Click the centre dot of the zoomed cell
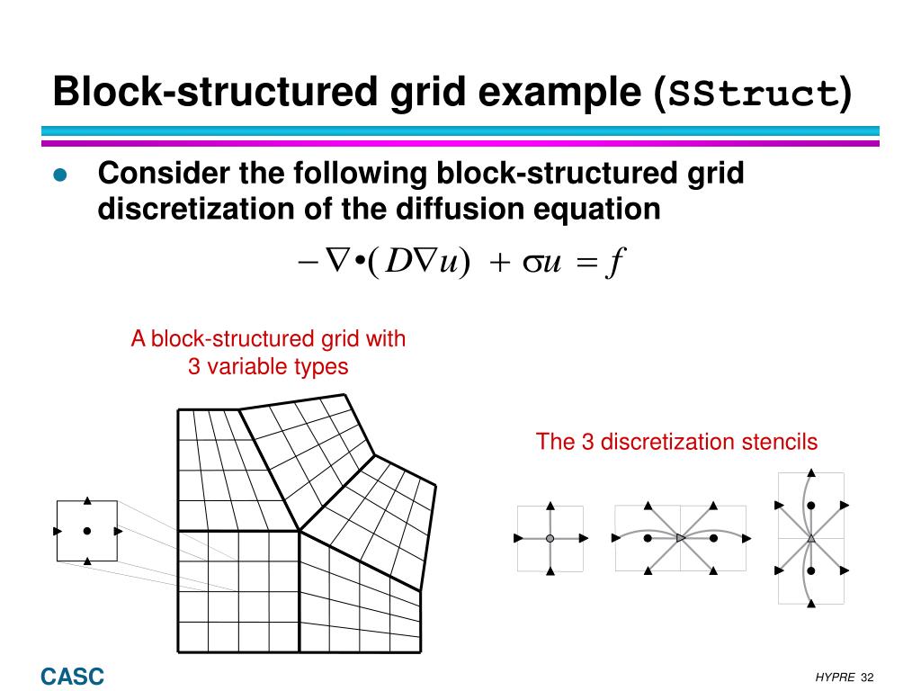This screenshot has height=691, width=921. (86, 531)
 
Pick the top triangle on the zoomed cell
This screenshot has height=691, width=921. (86, 499)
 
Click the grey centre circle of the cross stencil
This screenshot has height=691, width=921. (550, 538)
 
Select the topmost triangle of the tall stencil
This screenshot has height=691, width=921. (811, 471)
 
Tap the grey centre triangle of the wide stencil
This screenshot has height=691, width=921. (680, 538)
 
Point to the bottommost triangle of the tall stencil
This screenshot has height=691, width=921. (811, 604)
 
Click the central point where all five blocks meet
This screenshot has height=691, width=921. (299, 531)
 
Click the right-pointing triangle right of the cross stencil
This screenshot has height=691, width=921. (584, 538)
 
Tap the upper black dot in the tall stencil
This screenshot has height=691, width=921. (811, 506)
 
